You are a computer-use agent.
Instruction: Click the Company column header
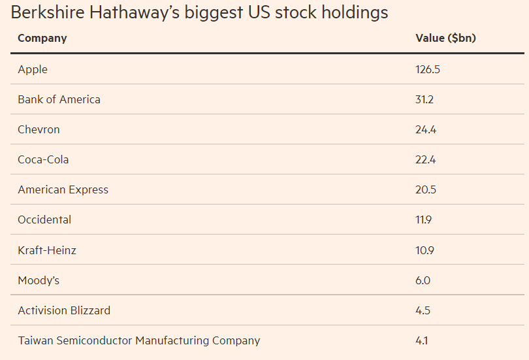(x=42, y=38)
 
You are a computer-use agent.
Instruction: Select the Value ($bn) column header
(x=445, y=38)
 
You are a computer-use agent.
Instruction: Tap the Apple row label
(x=33, y=69)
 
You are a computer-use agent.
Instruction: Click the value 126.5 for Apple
(x=428, y=69)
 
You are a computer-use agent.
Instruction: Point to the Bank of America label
(x=59, y=99)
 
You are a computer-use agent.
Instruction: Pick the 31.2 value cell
(x=425, y=99)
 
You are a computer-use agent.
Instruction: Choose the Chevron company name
(x=39, y=129)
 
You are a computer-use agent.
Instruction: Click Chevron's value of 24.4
(x=426, y=129)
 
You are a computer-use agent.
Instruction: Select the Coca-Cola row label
(x=43, y=159)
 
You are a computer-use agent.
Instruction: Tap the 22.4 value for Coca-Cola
(x=426, y=159)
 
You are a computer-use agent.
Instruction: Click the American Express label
(x=63, y=189)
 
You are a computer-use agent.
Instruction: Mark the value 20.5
(x=426, y=189)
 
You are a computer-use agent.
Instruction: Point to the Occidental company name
(x=44, y=220)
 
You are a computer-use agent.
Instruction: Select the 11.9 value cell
(x=424, y=220)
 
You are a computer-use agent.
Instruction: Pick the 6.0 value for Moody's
(x=423, y=280)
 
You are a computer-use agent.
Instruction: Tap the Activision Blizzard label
(x=64, y=310)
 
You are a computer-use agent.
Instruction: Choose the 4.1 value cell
(x=422, y=340)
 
